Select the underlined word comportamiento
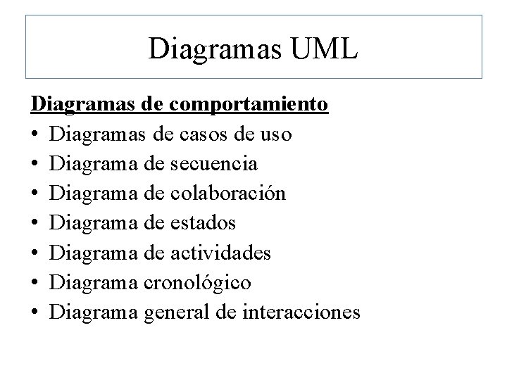pyautogui.click(x=249, y=104)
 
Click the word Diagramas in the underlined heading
pyautogui.click(x=83, y=104)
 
